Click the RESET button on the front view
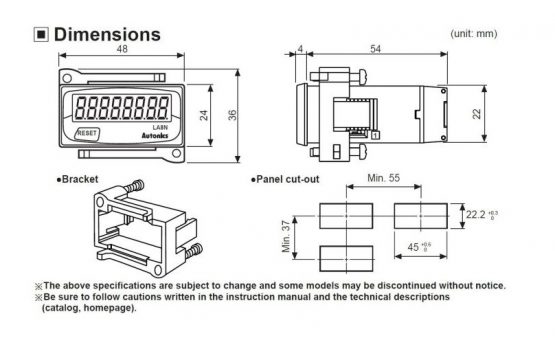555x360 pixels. pos(87,133)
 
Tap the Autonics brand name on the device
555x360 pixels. pos(155,136)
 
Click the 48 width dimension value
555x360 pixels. pos(122,49)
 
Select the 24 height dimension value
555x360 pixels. pos(204,115)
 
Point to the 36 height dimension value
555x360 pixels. pos(232,115)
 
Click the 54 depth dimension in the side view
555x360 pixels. pos(376,49)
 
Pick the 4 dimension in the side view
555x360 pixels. pos(301,49)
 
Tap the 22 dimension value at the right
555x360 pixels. pos(477,114)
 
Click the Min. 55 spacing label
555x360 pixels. pos(384,178)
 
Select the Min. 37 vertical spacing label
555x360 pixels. pos(286,236)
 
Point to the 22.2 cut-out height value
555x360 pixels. pos(476,215)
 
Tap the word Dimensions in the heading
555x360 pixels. pos(107,35)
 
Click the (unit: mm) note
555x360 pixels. pos(474,34)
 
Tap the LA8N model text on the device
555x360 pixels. pos(160,127)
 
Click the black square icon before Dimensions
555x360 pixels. pos(41,35)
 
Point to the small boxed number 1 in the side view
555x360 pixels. pos(376,135)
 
